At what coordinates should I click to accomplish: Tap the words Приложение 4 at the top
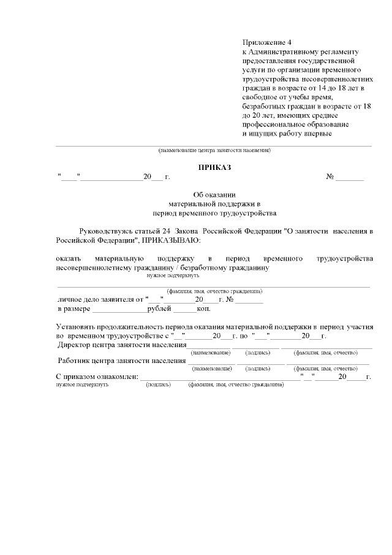click(267, 42)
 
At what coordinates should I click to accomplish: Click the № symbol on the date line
click(330, 177)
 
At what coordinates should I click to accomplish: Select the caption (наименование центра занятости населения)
click(214, 150)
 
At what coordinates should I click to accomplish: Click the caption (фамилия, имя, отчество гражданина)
click(214, 291)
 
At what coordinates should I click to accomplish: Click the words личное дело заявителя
click(100, 299)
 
